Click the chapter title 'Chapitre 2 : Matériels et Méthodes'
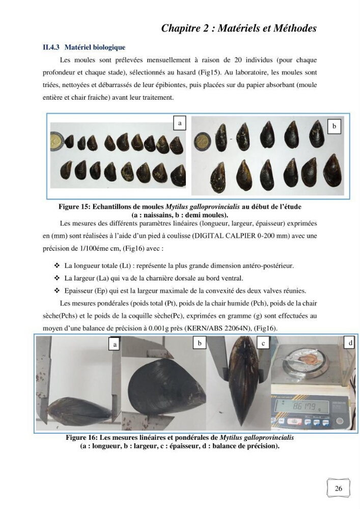(x=239, y=28)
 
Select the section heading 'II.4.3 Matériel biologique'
(x=84, y=47)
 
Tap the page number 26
(x=338, y=488)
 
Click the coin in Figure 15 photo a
(x=58, y=143)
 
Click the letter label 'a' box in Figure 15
(x=180, y=123)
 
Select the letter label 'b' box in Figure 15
(x=335, y=127)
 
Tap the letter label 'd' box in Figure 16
(x=350, y=343)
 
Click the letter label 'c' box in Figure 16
(x=263, y=344)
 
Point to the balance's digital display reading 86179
(x=301, y=406)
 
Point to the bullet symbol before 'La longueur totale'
(x=57, y=266)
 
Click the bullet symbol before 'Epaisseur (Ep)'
(x=57, y=291)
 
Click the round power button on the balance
(x=340, y=421)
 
